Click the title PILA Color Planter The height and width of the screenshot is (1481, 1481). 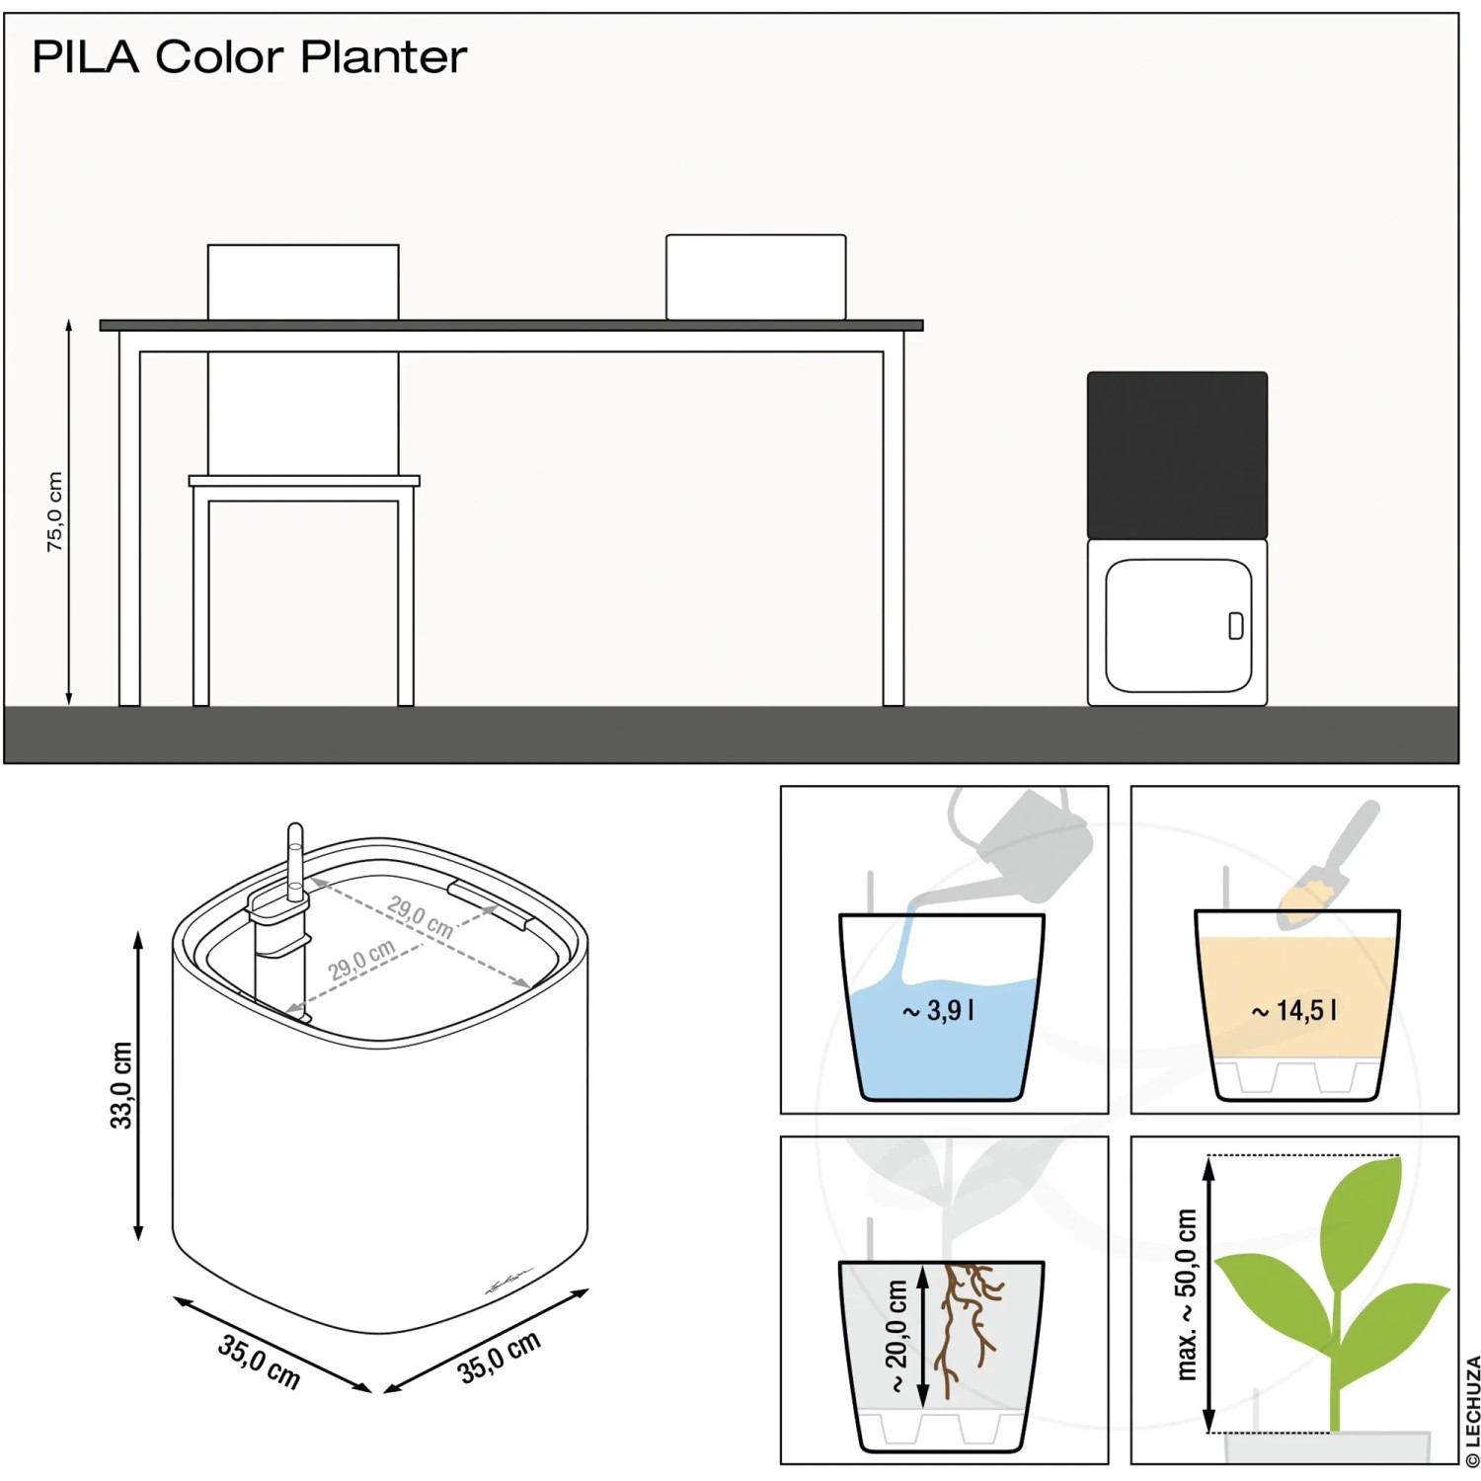[249, 57]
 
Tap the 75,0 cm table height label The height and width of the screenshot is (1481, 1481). [55, 511]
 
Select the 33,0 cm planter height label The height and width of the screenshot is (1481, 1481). [120, 1084]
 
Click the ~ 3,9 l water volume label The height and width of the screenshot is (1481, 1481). [939, 1010]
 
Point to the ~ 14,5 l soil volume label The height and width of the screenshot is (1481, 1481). [1294, 1010]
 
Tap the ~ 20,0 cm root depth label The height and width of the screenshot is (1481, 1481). [896, 1336]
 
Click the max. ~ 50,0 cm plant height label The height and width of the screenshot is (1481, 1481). [1187, 1293]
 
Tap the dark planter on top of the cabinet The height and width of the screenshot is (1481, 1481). [1177, 455]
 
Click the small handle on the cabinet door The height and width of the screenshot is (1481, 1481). [1235, 626]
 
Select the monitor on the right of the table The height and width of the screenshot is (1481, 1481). [755, 276]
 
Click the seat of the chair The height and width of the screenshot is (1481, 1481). [304, 481]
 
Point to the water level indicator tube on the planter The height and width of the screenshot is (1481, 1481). [295, 859]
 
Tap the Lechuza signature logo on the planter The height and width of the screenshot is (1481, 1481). [507, 1281]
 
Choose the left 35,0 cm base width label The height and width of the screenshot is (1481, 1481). [260, 1361]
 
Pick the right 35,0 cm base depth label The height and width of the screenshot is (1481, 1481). [500, 1356]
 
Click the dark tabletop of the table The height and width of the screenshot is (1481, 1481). [511, 325]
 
